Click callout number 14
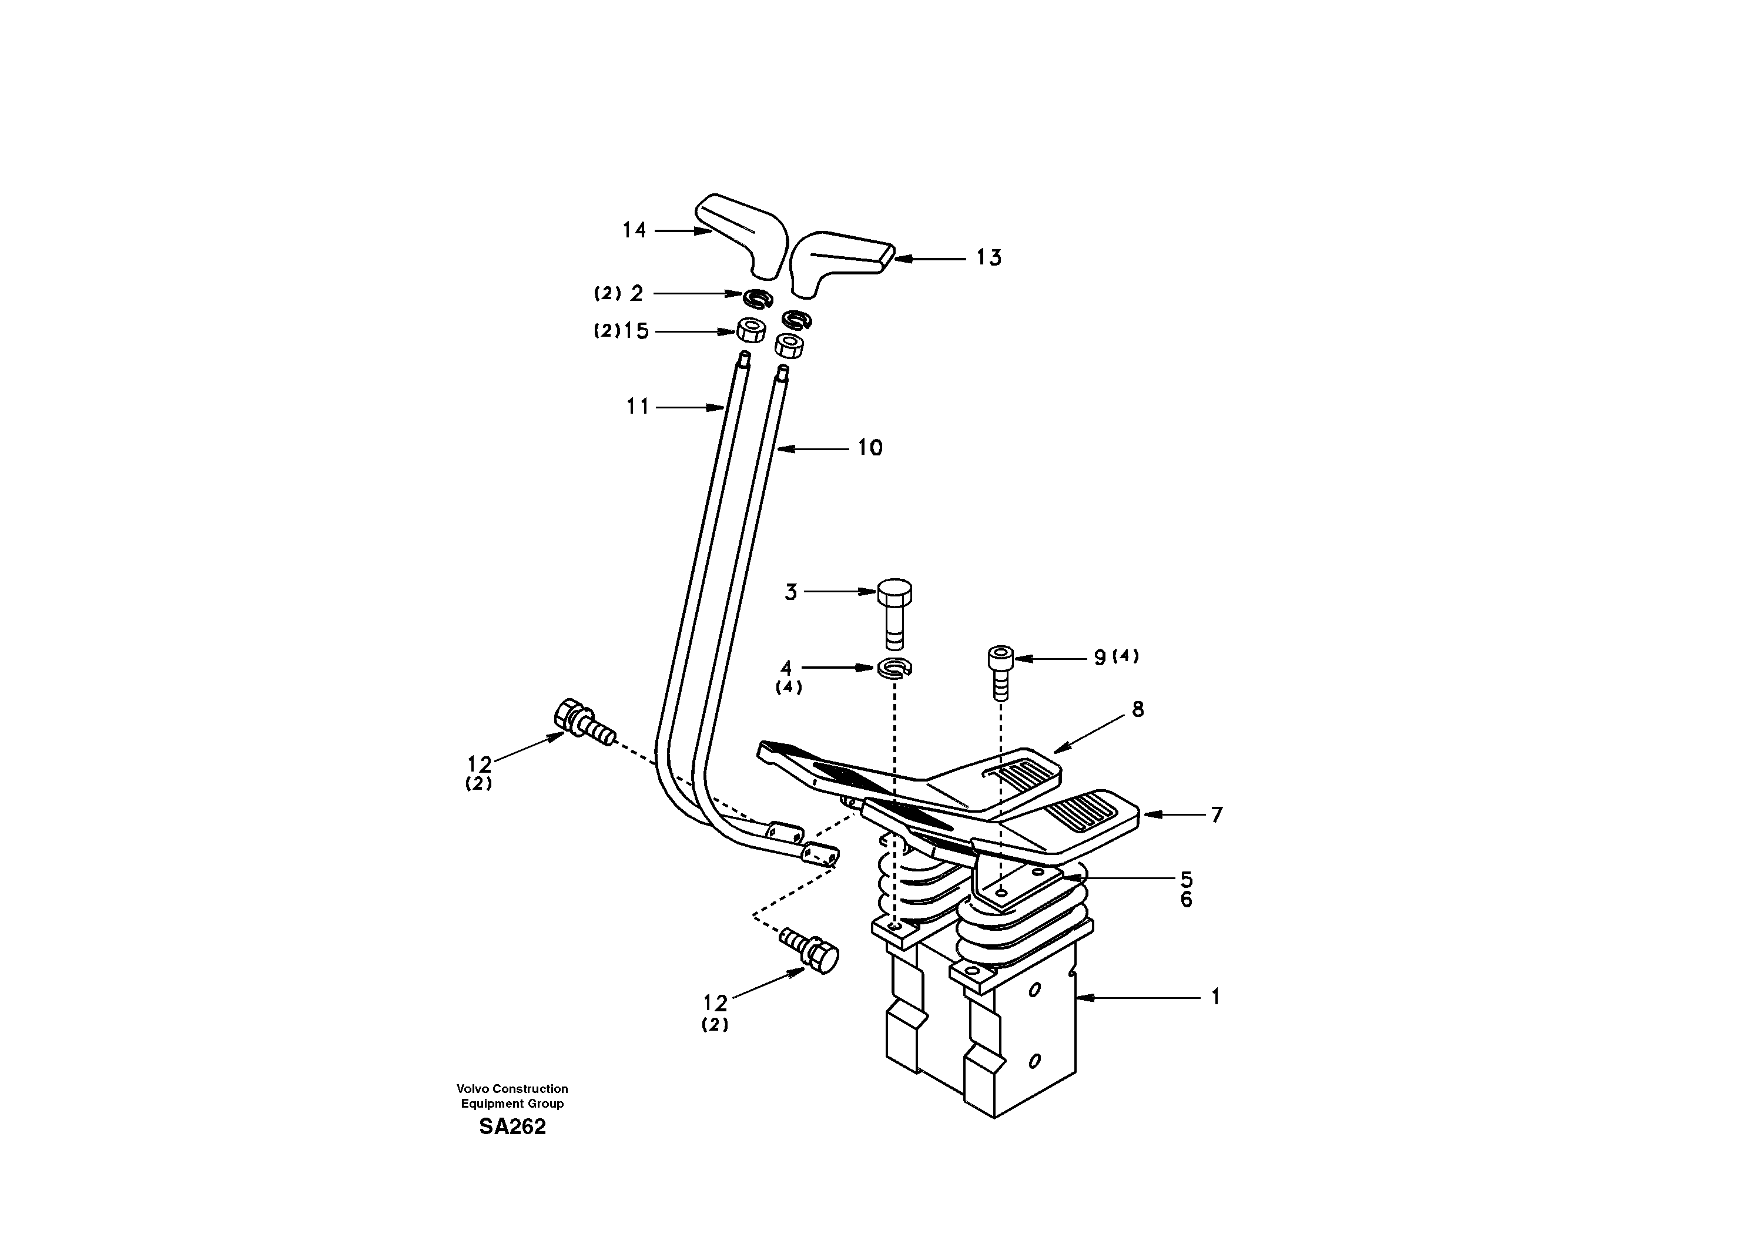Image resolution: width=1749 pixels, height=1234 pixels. [x=634, y=230]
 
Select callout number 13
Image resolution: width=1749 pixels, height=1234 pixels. [x=989, y=258]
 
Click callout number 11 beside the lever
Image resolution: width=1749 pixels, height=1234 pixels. [x=638, y=408]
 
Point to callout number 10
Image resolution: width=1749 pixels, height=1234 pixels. [x=870, y=448]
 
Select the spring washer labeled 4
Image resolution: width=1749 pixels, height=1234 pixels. [x=895, y=668]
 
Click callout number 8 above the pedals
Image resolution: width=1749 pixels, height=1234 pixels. [x=1137, y=709]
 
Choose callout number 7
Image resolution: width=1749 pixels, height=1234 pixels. [x=1217, y=815]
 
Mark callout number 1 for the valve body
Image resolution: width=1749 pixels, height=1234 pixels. [x=1216, y=997]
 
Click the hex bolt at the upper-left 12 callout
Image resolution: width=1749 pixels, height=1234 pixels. [x=583, y=722]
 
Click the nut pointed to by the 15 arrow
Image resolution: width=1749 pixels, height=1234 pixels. [x=750, y=331]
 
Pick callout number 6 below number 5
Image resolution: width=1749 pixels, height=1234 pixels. [x=1186, y=900]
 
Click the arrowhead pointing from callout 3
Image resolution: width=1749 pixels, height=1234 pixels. [x=869, y=591]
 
